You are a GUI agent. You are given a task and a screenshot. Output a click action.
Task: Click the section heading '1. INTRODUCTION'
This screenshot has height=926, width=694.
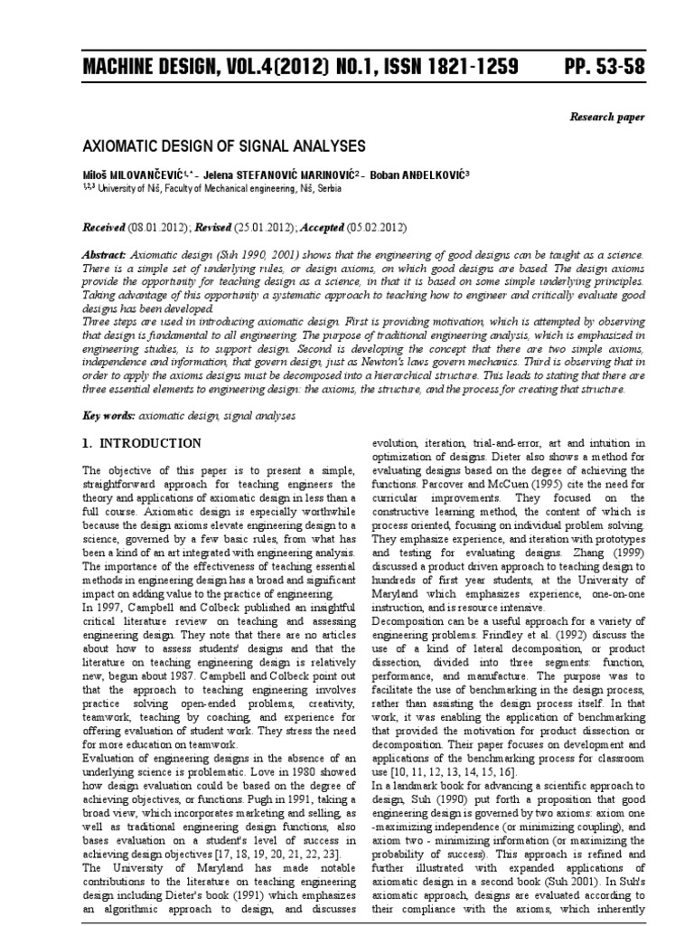142,443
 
